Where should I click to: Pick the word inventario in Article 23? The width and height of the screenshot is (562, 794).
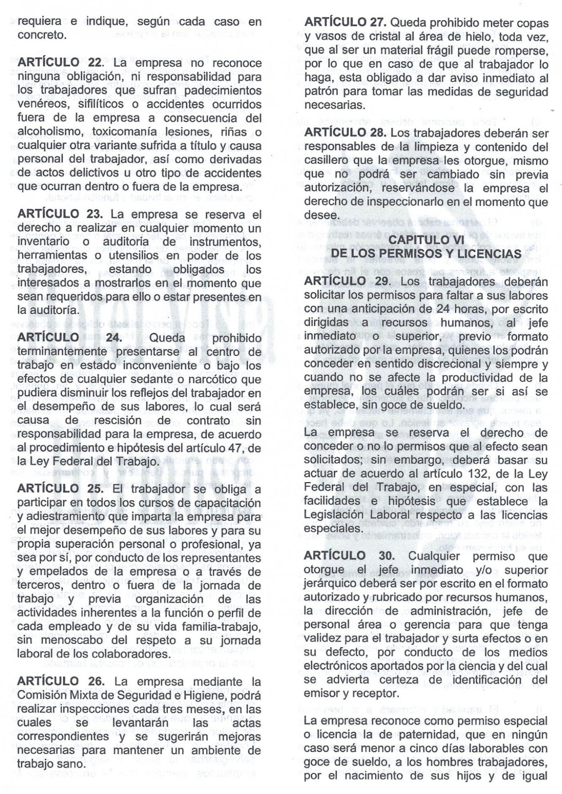(43, 242)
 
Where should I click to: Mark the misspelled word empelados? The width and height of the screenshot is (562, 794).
(55, 572)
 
